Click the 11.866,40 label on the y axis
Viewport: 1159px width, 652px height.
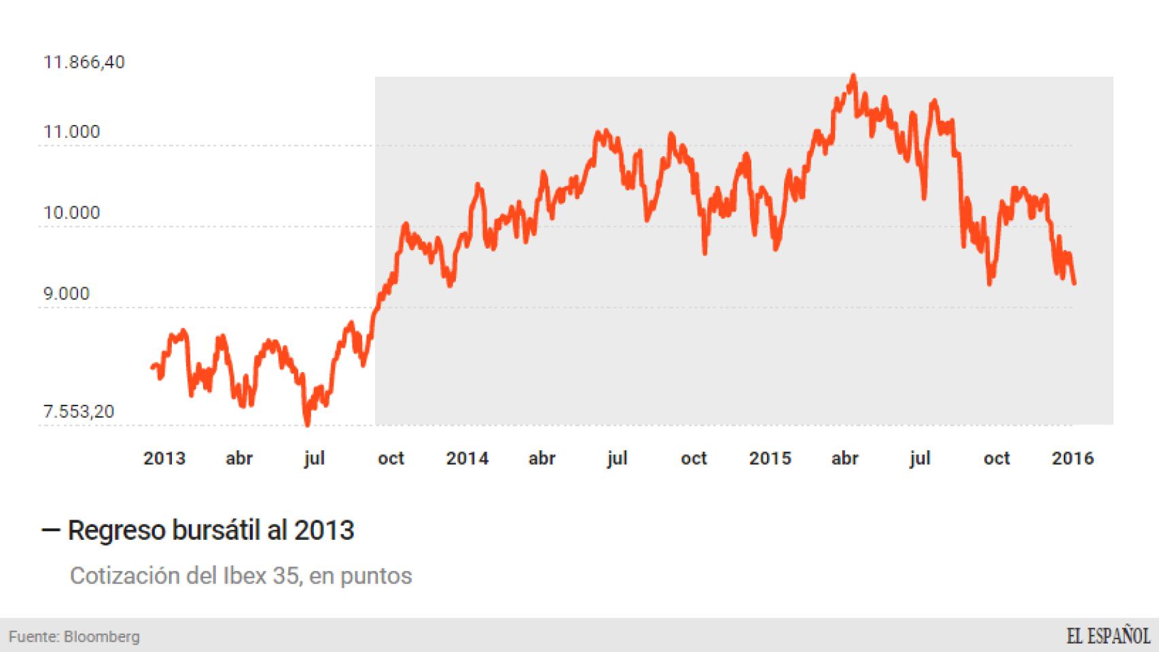click(84, 62)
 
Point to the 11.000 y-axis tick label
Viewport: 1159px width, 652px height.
click(71, 132)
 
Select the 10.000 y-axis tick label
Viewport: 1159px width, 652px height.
click(71, 213)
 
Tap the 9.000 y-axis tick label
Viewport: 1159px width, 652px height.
click(67, 293)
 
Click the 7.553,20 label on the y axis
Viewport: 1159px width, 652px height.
click(79, 412)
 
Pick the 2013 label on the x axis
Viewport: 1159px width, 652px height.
click(164, 458)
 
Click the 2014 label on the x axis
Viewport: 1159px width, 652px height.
click(467, 458)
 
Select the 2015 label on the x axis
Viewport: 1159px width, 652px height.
click(770, 458)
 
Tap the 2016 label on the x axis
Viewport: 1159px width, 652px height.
click(1073, 458)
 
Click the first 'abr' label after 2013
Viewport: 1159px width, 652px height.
click(239, 458)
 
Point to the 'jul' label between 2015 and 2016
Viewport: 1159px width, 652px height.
click(920, 458)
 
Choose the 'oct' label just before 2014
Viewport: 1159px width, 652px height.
click(391, 458)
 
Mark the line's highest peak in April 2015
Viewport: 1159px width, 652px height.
click(853, 76)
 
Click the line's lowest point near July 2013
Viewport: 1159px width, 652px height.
click(307, 424)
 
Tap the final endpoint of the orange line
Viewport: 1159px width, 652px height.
click(1074, 283)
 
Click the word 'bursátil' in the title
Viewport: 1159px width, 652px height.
click(217, 530)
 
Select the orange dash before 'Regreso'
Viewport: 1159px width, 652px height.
click(51, 530)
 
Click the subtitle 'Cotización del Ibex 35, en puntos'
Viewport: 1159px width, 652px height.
click(240, 576)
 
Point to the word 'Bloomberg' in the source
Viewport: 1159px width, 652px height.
click(101, 637)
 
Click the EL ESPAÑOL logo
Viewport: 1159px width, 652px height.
click(1108, 636)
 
